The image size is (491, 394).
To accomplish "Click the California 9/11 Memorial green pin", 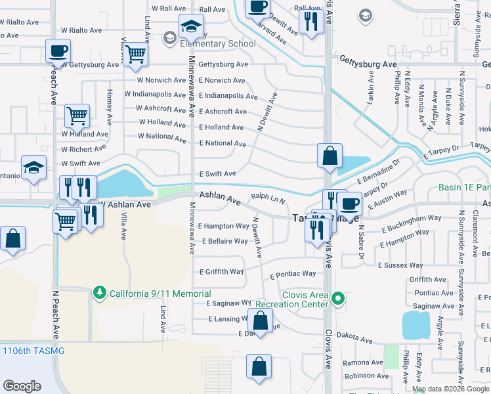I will (x=99, y=292).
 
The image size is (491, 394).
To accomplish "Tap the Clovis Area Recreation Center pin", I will (x=338, y=299).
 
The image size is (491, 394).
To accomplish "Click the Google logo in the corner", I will (x=22, y=386).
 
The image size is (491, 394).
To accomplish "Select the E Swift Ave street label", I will (x=217, y=174).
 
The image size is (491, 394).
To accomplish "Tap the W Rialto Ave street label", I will (x=82, y=30).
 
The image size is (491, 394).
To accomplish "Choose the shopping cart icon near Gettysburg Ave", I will (x=135, y=55).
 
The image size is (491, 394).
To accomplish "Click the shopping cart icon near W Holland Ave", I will (x=77, y=117).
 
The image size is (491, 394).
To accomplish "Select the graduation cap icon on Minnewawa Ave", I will (x=190, y=28).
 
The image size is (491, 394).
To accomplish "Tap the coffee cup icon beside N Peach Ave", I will (x=58, y=51).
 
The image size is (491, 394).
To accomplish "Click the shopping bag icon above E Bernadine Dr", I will (x=330, y=156).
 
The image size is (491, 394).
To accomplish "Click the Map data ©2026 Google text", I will (x=451, y=389).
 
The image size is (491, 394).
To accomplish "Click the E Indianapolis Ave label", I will (x=228, y=96).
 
